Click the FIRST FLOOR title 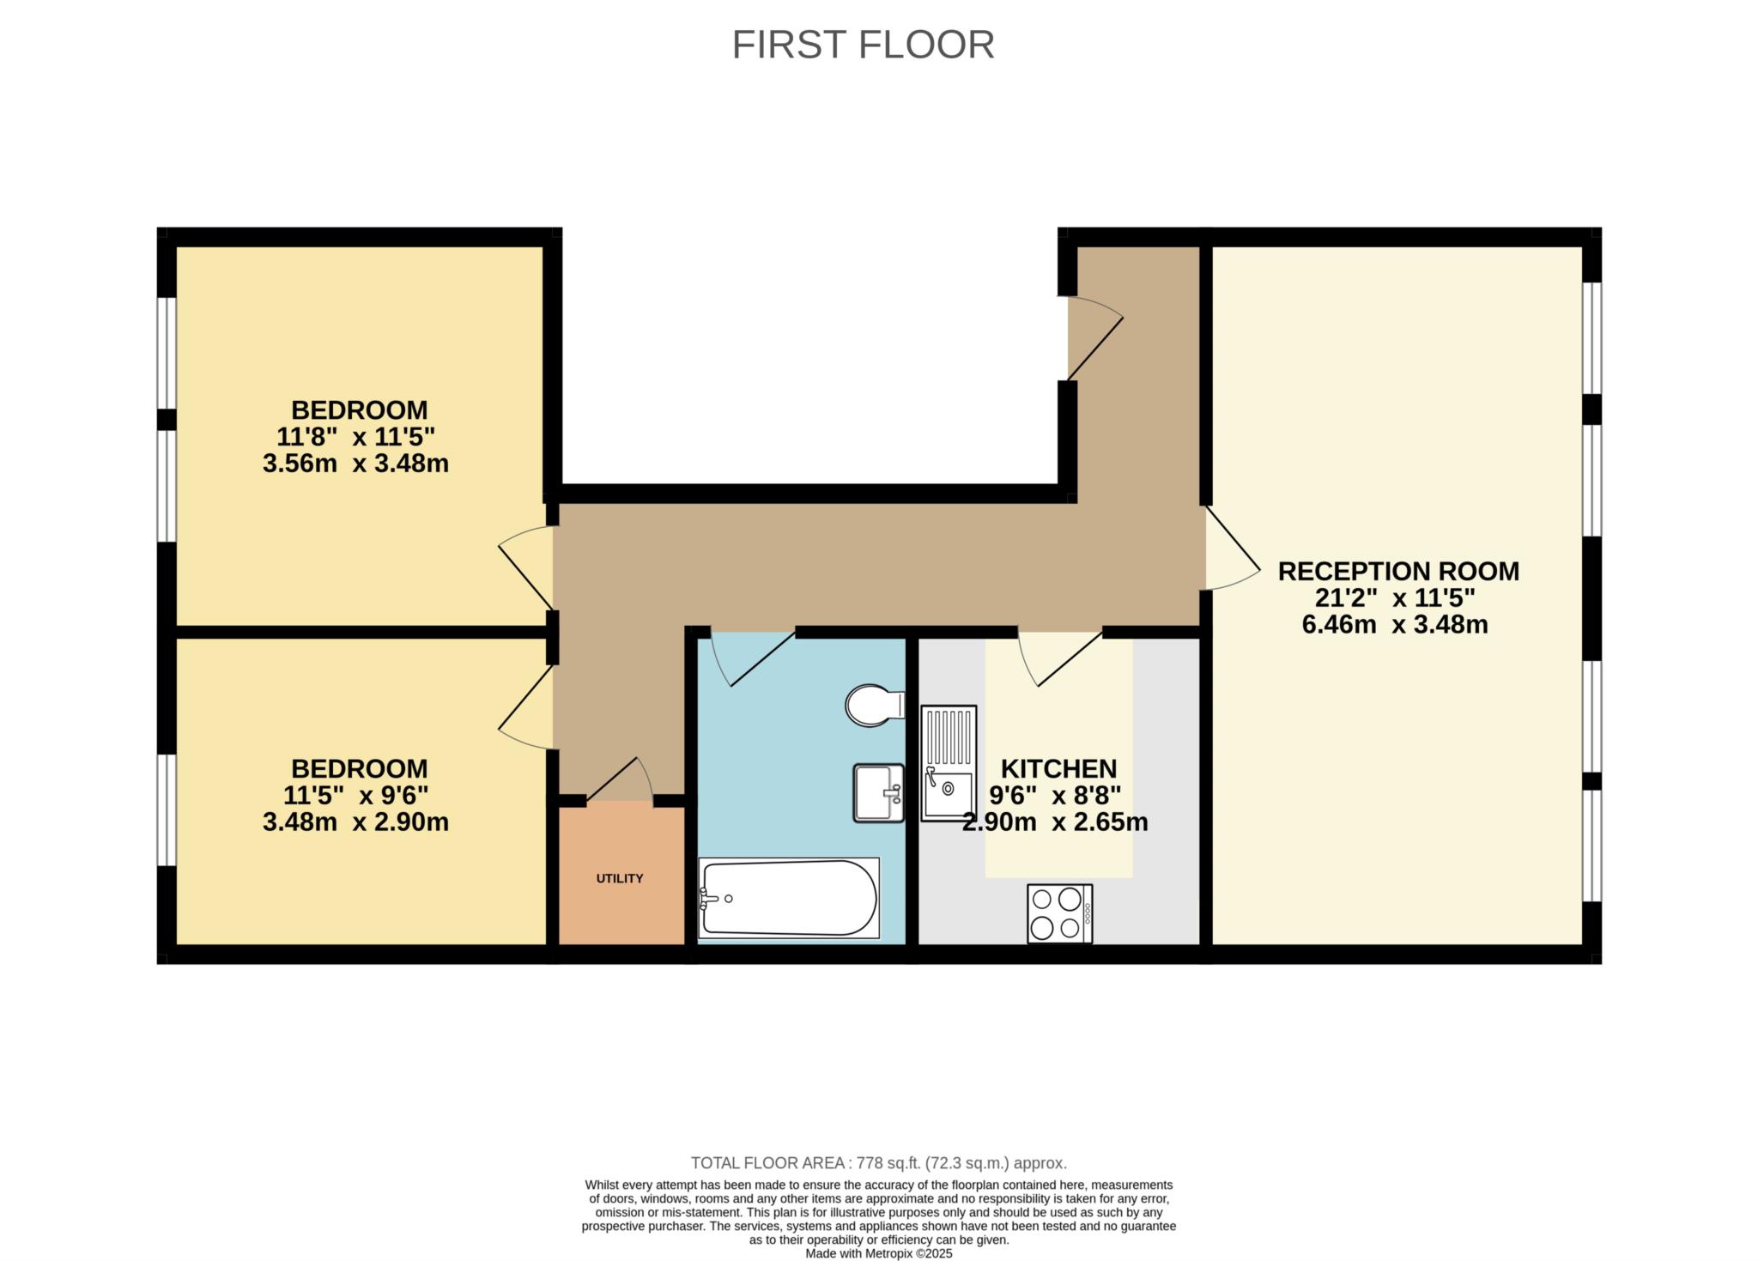(x=863, y=45)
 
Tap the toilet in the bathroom (x=875, y=706)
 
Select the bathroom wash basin (x=878, y=793)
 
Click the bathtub (x=789, y=898)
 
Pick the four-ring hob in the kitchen (x=1059, y=913)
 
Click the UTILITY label (x=620, y=878)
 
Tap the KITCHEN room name (x=1059, y=768)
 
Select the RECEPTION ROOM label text (x=1398, y=571)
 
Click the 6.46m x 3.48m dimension (x=1395, y=624)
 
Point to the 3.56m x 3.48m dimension (x=355, y=464)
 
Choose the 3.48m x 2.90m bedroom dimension (x=355, y=822)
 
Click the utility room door (x=620, y=779)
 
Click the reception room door (x=1233, y=549)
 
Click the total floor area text (x=879, y=1163)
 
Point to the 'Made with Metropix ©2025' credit (x=879, y=1253)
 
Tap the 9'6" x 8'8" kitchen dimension (x=1055, y=795)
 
